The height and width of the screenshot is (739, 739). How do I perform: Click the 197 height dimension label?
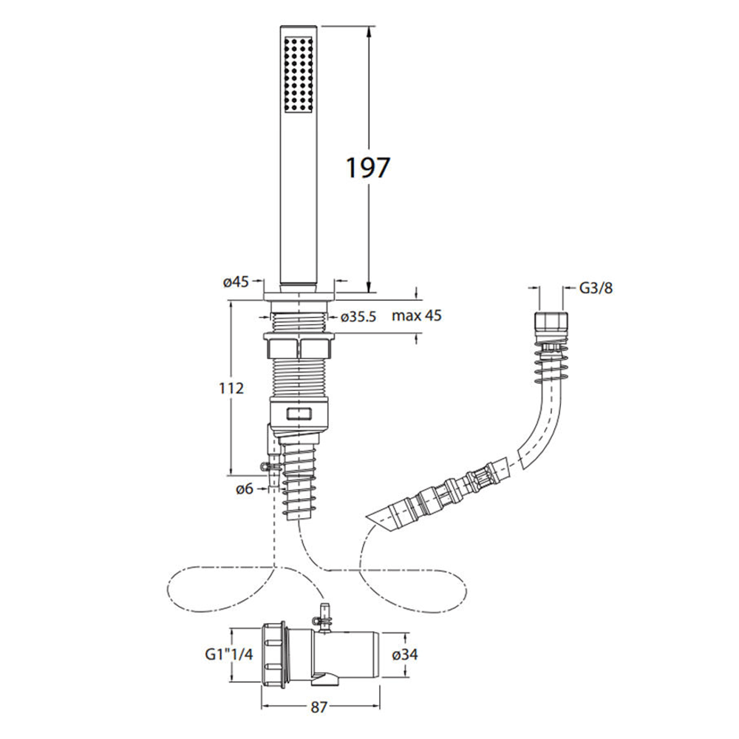(x=367, y=168)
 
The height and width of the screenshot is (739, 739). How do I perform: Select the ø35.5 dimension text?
(x=360, y=316)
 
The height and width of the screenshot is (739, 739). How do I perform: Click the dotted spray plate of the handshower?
(x=300, y=74)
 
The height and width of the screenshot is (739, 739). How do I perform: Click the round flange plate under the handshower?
(x=300, y=295)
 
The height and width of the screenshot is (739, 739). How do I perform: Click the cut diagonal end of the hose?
(x=384, y=517)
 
